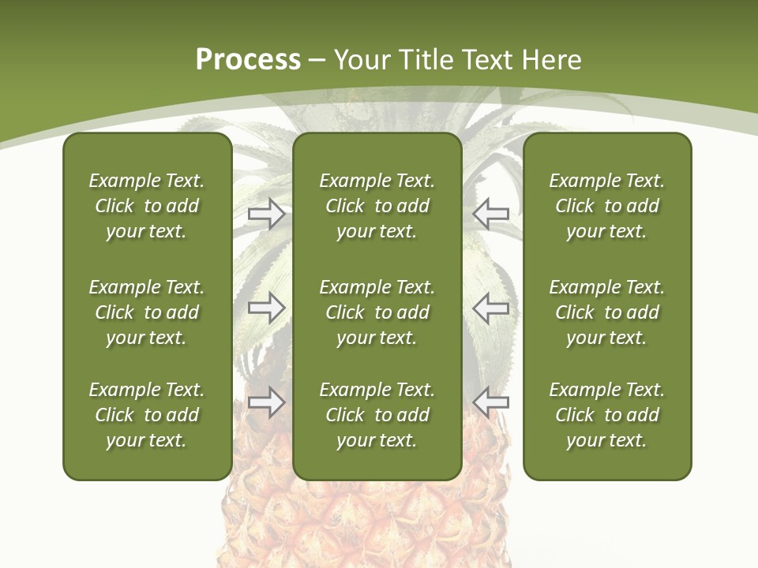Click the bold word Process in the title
pos(248,60)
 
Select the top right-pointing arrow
pos(266,213)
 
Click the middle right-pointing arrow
pos(266,307)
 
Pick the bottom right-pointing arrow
pos(266,402)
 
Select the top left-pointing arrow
pos(491,213)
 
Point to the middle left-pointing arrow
pos(491,307)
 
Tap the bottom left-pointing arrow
pos(491,402)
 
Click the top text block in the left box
pos(147,206)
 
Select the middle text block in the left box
pos(147,312)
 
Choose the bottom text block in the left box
pos(147,415)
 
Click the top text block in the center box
pos(377,206)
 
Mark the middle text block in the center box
pos(377,312)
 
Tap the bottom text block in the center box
pos(377,415)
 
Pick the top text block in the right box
pos(607,206)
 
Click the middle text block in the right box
pos(607,312)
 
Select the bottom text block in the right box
pos(607,415)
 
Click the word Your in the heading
pos(361,60)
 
